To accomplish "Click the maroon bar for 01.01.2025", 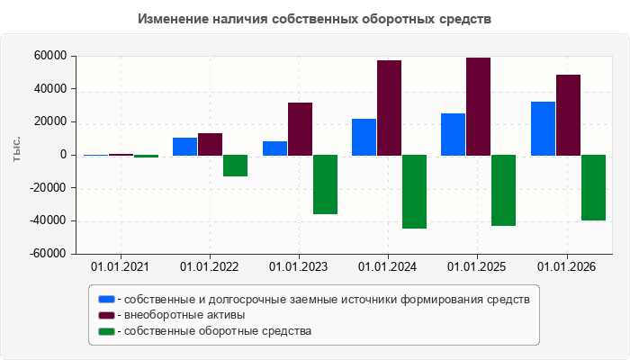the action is [478, 106].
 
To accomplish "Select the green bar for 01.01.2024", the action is [415, 192].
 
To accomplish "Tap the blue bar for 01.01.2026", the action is [544, 129].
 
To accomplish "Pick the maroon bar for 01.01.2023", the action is [300, 129].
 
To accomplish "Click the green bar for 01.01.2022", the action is [236, 166].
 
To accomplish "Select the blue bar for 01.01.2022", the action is [184, 147].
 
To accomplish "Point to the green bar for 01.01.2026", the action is [593, 187].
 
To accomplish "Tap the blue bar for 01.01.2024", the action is [364, 137].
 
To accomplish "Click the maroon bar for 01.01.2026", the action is [568, 115].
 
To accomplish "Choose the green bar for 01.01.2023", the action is [326, 184].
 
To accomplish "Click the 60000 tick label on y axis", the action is [50, 56].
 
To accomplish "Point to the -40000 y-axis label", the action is [48, 220].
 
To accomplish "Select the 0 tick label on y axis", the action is [64, 155].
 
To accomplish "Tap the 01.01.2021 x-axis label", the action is [120, 266].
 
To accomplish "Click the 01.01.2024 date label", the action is [387, 266].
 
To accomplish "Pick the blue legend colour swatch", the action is [106, 300].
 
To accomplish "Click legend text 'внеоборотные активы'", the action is [184, 315].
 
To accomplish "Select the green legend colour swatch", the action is [106, 331].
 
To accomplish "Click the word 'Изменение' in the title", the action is [173, 19].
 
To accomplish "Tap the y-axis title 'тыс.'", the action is [16, 149].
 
